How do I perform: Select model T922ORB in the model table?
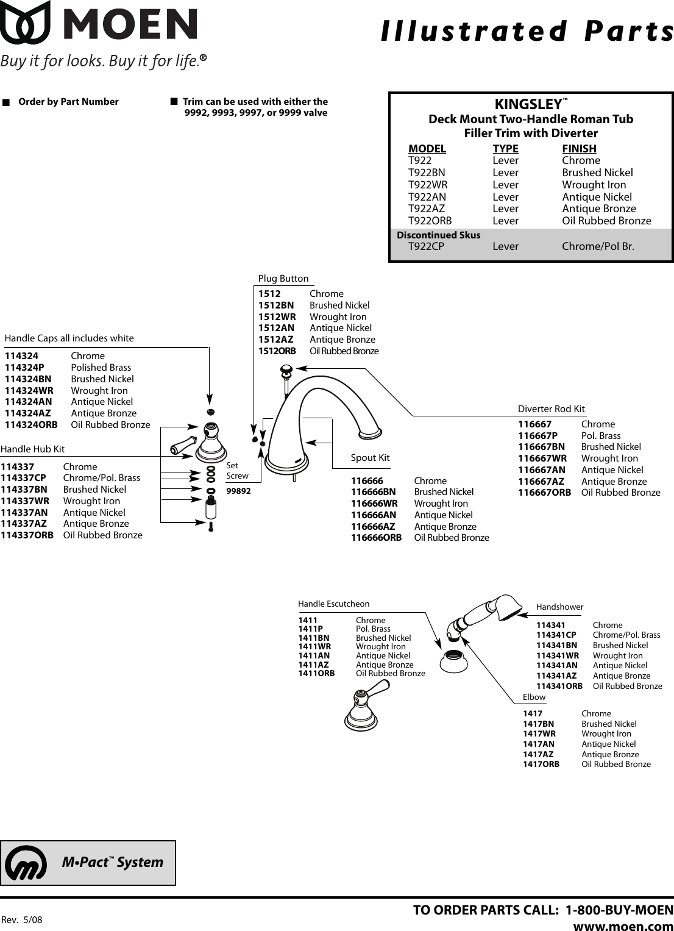pos(430,221)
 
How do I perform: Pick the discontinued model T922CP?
pos(426,246)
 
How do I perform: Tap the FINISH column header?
pos(579,148)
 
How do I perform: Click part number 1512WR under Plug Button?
pos(277,316)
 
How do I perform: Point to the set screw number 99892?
pos(238,490)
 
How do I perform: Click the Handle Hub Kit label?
pos(33,449)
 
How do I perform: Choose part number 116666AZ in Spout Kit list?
pos(372,526)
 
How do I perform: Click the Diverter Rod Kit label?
pos(551,408)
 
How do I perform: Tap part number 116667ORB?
pos(544,492)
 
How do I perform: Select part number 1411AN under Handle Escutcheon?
pos(313,655)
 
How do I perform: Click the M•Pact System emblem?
pos(26,863)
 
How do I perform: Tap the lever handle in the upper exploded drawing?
pos(182,448)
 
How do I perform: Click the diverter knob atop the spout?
pos(285,369)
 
